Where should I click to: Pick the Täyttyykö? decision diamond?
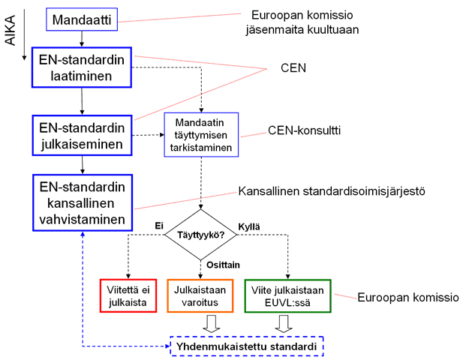click(201, 233)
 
